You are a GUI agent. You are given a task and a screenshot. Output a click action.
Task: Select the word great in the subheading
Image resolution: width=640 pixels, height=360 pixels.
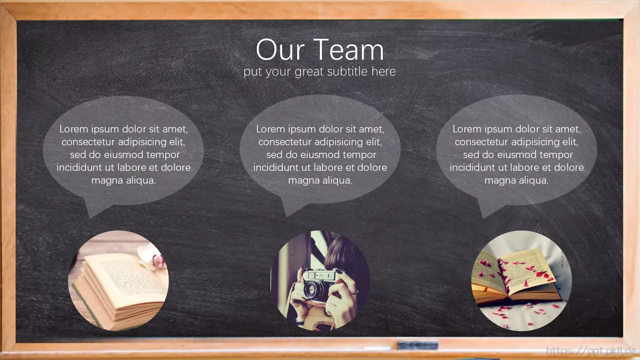click(309, 72)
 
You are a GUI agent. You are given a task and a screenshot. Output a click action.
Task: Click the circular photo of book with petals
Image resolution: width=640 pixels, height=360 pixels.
click(522, 280)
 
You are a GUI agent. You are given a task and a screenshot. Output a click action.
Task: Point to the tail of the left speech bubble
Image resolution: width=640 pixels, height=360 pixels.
click(94, 210)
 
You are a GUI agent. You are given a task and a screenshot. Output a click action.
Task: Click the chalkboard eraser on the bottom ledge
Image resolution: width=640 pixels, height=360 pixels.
click(418, 345)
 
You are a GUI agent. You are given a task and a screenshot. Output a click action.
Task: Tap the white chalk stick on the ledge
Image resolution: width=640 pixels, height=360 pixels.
click(377, 348)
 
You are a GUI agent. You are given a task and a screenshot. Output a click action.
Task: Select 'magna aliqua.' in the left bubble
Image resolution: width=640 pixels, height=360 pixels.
click(124, 180)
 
